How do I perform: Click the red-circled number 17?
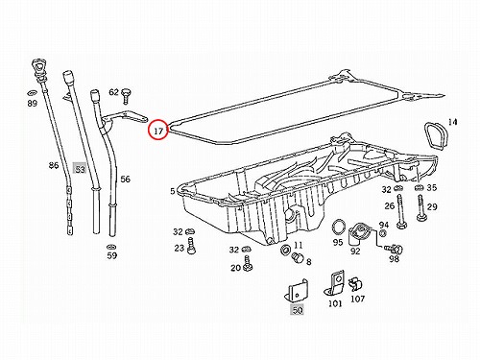click(158, 131)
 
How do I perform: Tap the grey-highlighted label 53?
click(80, 169)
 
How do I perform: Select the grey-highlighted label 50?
click(298, 310)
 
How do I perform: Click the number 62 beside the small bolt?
click(114, 92)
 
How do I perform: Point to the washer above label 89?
click(32, 93)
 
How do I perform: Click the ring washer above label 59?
click(111, 247)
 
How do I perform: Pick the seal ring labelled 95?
click(339, 228)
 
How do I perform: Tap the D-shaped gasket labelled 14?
click(433, 136)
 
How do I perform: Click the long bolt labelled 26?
click(400, 212)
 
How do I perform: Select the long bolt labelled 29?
click(420, 208)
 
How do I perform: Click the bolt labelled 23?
click(191, 246)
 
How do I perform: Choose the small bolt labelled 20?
click(248, 263)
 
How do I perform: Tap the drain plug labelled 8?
click(297, 257)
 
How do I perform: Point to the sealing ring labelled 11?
click(285, 250)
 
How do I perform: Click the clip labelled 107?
click(355, 284)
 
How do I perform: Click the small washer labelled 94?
click(383, 233)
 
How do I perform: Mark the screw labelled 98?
click(395, 249)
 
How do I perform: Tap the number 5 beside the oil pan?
click(173, 191)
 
